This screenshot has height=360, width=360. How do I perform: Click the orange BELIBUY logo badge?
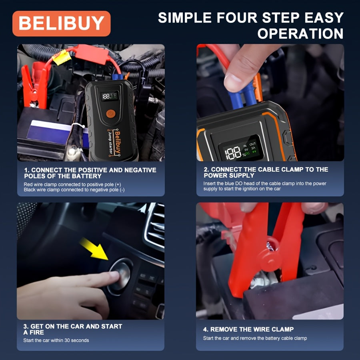coord(61,23)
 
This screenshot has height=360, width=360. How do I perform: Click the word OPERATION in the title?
coord(300,34)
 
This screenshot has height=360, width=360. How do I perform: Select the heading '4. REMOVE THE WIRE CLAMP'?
coord(248,329)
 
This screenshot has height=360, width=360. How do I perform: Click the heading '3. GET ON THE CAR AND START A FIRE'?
coord(73,329)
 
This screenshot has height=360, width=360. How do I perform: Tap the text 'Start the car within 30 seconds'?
coord(56,340)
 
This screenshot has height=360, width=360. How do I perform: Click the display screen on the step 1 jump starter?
coord(110,96)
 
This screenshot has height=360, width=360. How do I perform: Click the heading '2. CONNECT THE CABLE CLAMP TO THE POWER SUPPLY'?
coord(266,172)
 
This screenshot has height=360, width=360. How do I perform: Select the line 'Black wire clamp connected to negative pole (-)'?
coord(74,190)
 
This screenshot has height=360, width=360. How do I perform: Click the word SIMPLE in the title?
coord(187,18)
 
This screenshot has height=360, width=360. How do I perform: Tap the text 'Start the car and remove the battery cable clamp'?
coord(255,338)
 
